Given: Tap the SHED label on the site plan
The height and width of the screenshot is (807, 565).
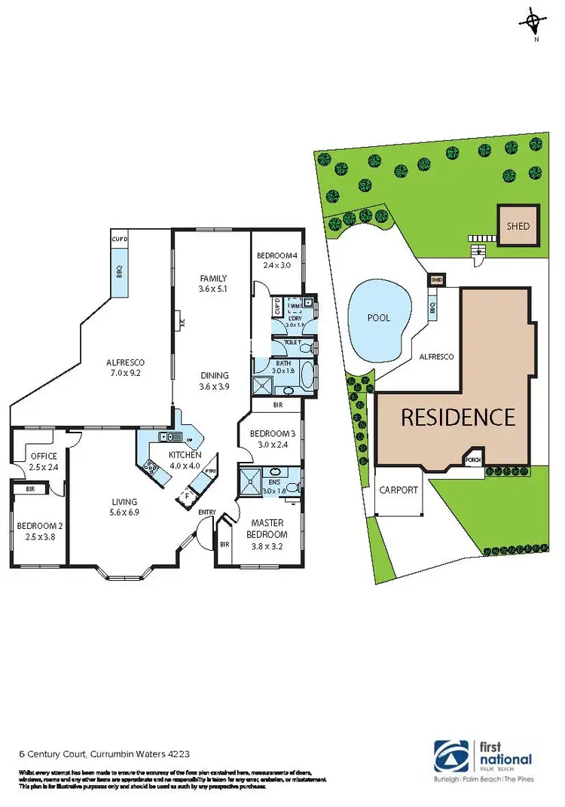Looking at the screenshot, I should click(518, 226).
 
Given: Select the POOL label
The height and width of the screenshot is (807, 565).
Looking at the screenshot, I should click(379, 317).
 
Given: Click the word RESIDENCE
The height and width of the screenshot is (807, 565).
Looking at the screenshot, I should click(458, 417).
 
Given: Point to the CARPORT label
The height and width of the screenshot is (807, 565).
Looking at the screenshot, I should click(399, 490).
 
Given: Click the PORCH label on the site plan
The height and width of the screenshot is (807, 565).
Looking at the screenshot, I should click(474, 460).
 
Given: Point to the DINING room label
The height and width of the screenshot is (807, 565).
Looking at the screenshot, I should click(215, 376).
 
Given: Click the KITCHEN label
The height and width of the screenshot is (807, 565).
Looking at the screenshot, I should click(185, 455).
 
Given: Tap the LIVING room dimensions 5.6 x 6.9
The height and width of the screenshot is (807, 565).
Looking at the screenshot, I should click(124, 512).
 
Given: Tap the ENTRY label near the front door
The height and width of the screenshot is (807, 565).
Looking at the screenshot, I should click(207, 512).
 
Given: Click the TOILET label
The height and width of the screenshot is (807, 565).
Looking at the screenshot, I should click(292, 343).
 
